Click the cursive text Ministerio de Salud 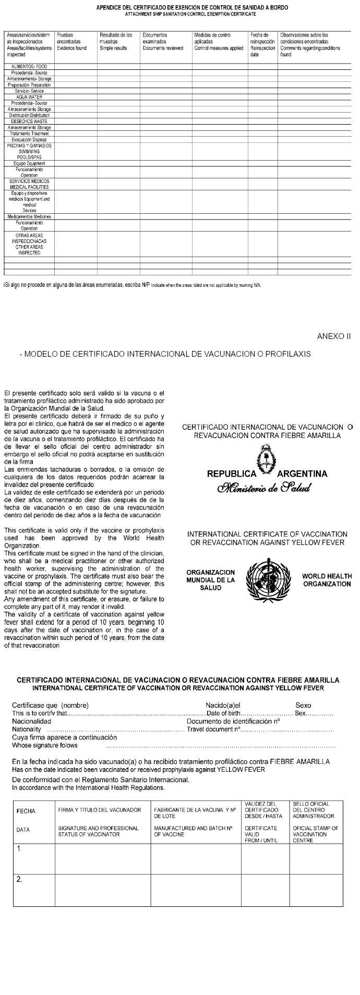click(x=267, y=488)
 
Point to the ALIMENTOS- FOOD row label click(x=29, y=67)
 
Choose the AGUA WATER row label click(x=29, y=97)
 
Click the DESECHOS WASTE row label click(x=29, y=121)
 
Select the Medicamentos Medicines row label click(x=29, y=216)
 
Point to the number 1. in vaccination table click(x=20, y=849)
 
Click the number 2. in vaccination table click(x=20, y=880)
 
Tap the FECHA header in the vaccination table click(x=26, y=811)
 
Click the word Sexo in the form click(x=303, y=705)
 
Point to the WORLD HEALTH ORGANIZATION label click(x=326, y=580)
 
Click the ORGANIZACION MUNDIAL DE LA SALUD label click(x=210, y=580)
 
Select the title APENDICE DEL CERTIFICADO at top click(x=192, y=8)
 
